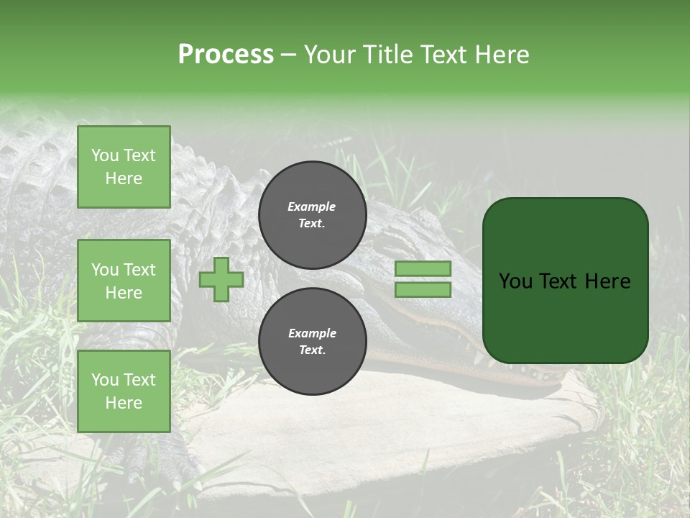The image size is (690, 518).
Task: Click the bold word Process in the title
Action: [226, 55]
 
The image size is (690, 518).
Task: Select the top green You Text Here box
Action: [124, 167]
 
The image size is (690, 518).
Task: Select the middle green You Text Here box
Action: [124, 281]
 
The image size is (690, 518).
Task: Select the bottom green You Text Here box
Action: [124, 391]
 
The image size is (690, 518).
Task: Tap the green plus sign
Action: [221, 279]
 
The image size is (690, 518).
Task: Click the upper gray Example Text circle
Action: [312, 215]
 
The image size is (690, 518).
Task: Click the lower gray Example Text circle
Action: [312, 341]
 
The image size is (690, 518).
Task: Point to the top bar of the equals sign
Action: [423, 269]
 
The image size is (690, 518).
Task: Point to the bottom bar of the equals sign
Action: [423, 290]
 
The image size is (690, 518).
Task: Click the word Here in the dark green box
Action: [607, 281]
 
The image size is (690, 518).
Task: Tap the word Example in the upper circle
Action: [311, 206]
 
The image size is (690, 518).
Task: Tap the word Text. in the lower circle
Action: [312, 350]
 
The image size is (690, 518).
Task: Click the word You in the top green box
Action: [104, 155]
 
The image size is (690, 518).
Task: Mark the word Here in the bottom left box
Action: [124, 403]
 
